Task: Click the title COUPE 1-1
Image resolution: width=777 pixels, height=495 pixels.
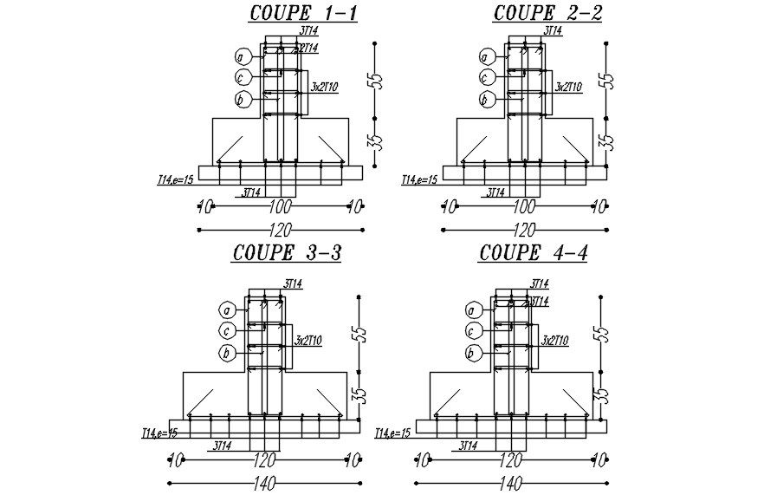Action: pyautogui.click(x=290, y=13)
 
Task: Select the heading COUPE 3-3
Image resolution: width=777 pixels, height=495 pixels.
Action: pyautogui.click(x=287, y=253)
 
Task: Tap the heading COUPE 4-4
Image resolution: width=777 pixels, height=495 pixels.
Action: pyautogui.click(x=532, y=253)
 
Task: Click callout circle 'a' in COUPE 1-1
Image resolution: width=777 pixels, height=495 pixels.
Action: pyautogui.click(x=243, y=57)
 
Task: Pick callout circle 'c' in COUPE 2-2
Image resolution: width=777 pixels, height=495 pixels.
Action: pyautogui.click(x=487, y=78)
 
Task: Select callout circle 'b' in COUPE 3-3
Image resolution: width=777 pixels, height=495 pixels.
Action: pyautogui.click(x=227, y=353)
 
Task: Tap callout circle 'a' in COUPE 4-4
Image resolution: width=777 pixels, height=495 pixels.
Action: pyautogui.click(x=473, y=310)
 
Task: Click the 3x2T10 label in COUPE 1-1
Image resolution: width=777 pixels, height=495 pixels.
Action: pyautogui.click(x=324, y=87)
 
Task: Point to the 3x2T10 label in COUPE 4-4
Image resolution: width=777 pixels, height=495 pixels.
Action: pyautogui.click(x=554, y=341)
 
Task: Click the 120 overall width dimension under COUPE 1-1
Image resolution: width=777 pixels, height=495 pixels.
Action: pyautogui.click(x=280, y=231)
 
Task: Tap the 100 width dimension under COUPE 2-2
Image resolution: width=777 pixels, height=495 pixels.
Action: pyautogui.click(x=523, y=207)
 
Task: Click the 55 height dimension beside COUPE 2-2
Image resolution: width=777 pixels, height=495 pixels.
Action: pyautogui.click(x=607, y=80)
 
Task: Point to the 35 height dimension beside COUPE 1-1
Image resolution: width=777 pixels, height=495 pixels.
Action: pyautogui.click(x=374, y=141)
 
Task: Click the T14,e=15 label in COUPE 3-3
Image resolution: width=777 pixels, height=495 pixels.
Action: pyautogui.click(x=160, y=432)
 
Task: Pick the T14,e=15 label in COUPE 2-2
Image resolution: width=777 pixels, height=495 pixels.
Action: pyautogui.click(x=418, y=179)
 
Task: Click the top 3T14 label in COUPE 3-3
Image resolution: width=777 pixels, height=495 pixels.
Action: pyautogui.click(x=292, y=283)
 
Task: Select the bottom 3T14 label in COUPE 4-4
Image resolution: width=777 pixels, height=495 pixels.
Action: pyautogui.click(x=467, y=446)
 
